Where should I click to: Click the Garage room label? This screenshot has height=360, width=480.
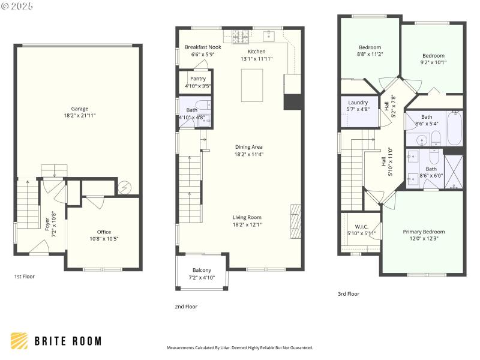point(80,109)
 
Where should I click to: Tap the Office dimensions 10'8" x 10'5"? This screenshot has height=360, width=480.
point(104,239)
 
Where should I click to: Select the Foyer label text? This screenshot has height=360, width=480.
point(47,220)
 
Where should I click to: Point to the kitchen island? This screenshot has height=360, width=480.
point(253,85)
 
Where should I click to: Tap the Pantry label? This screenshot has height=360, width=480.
point(198,79)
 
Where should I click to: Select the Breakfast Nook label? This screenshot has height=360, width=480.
point(203,47)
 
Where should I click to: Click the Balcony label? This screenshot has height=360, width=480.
point(201,270)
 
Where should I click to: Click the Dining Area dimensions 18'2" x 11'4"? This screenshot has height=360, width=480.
point(248,154)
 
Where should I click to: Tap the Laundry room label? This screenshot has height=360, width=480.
point(358,103)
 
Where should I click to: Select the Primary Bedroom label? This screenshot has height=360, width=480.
point(424,232)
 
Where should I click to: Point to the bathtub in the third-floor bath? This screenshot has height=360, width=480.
point(454,128)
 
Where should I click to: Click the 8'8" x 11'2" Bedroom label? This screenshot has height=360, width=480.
point(370,47)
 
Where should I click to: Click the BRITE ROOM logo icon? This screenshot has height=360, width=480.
point(19,341)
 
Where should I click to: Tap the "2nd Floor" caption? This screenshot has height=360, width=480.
point(186,307)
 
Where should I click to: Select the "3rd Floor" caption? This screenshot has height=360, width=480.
point(348,294)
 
